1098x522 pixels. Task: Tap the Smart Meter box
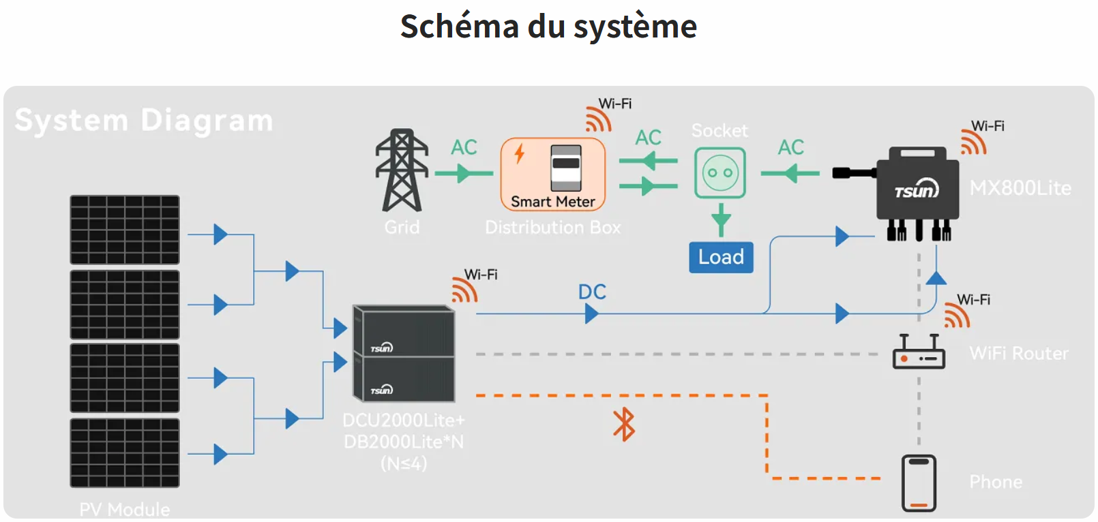[x=553, y=174]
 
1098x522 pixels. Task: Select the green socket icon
[x=720, y=173]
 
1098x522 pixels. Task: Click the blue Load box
[x=721, y=258]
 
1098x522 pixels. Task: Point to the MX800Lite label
[x=1020, y=188]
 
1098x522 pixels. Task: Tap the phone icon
[x=919, y=483]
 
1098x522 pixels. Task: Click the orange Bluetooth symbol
[x=623, y=425]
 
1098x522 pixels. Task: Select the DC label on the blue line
[x=592, y=292]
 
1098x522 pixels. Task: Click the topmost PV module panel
[x=125, y=230]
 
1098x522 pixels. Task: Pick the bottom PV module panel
[x=125, y=452]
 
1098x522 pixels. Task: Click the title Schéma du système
[x=548, y=27]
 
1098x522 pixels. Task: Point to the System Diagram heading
[x=144, y=121]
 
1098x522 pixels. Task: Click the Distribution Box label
[x=553, y=228]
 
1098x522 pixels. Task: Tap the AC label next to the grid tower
[x=464, y=147]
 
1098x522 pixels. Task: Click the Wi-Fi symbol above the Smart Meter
[x=598, y=119]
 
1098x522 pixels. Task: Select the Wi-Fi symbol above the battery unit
[x=464, y=290]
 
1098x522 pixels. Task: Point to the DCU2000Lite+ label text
[x=404, y=420]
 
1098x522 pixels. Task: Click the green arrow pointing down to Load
[x=721, y=220]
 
